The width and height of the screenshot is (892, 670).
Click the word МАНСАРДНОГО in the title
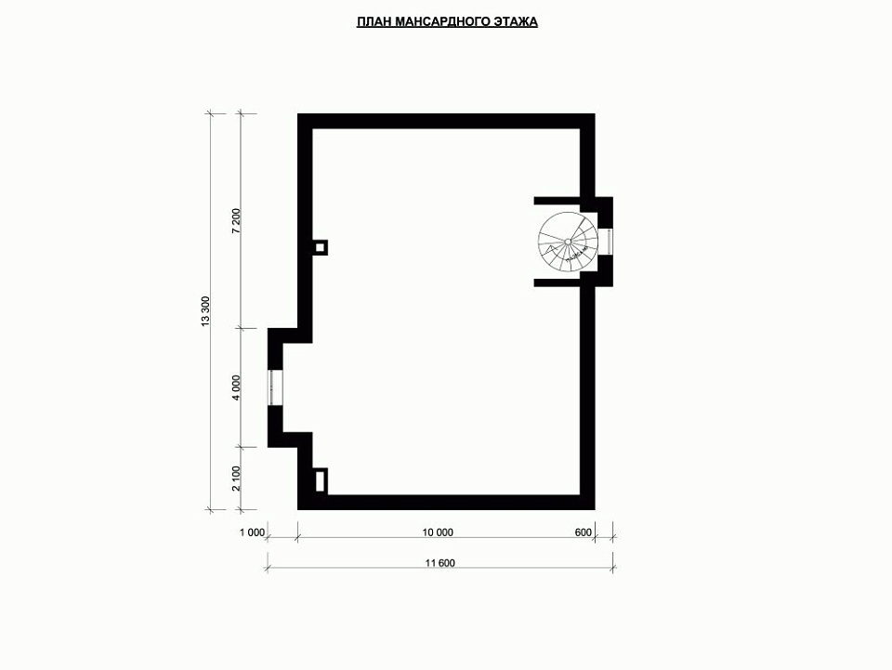[442, 22]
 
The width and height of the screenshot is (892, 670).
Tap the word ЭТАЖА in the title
[516, 22]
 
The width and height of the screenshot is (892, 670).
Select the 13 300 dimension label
[206, 311]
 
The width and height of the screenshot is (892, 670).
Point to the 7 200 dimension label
[237, 220]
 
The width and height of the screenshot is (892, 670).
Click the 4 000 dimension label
[237, 388]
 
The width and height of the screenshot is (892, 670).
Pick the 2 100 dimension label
[237, 479]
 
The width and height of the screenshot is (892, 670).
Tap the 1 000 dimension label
[253, 532]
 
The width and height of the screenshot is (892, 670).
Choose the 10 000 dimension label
[438, 532]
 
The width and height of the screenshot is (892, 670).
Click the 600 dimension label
[584, 532]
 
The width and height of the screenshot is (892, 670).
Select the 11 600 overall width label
[440, 564]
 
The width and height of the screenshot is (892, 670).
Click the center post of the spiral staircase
[568, 242]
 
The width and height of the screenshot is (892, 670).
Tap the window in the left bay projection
[275, 388]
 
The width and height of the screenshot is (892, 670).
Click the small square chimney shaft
[321, 247]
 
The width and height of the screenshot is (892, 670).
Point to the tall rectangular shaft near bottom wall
[321, 480]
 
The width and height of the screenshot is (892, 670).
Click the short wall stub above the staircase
[557, 201]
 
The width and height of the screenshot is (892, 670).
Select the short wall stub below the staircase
[557, 282]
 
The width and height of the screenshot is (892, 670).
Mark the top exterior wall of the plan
[447, 121]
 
